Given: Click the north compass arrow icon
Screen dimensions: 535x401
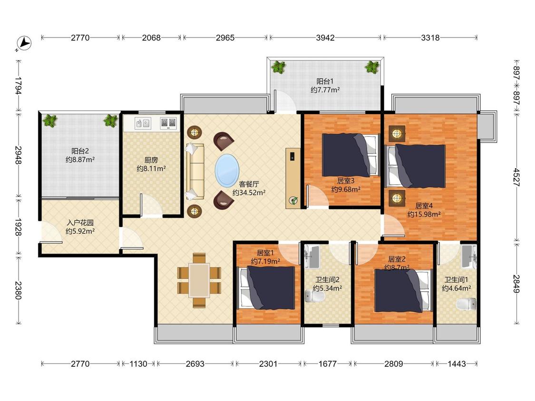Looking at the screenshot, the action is [x=24, y=44].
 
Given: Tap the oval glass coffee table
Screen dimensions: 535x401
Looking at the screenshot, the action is [x=227, y=171].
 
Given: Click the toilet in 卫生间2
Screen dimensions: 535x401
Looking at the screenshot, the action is [x=314, y=296].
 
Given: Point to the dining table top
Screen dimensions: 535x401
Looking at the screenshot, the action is [x=199, y=280].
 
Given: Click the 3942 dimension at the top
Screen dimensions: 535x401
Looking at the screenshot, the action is [x=325, y=38].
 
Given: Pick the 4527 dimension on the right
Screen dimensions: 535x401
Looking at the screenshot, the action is [x=517, y=177].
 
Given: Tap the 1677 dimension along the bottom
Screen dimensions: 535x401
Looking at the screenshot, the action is [x=328, y=364].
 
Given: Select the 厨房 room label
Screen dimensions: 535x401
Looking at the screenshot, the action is [x=151, y=160].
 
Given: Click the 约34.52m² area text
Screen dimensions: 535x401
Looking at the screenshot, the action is [x=249, y=192].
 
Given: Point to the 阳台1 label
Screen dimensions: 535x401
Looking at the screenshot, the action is [x=325, y=82].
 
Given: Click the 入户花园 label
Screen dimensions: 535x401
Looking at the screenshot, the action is [x=80, y=223].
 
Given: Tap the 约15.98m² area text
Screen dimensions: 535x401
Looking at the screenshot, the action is [x=424, y=214].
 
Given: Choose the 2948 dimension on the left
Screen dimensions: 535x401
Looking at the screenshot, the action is [x=19, y=155].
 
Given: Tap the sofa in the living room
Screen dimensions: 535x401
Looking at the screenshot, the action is [x=195, y=172].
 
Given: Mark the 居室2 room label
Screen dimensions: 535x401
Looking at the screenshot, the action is [x=397, y=259].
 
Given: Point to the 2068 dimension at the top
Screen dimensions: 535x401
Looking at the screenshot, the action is [x=151, y=38].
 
